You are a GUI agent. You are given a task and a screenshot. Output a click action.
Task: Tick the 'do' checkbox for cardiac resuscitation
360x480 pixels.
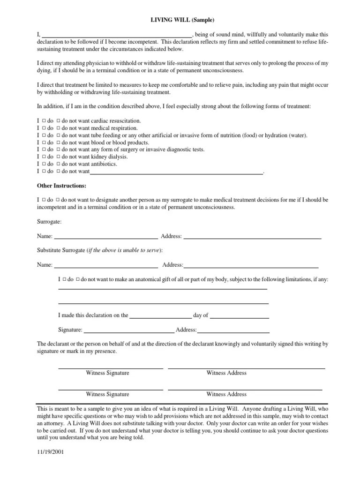pos(44,121)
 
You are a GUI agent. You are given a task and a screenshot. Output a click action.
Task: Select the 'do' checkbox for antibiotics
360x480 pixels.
pos(44,164)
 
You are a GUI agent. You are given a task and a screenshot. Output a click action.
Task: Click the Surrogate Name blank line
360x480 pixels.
pos(106,237)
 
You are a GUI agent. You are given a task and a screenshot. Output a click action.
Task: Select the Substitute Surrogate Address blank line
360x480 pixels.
pos(251,265)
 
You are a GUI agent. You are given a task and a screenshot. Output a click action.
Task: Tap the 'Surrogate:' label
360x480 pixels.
pos(49,221)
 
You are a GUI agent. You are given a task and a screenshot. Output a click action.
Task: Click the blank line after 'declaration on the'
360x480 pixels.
pos(160,316)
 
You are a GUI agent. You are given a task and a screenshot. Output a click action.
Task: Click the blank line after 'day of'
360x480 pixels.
pos(240,316)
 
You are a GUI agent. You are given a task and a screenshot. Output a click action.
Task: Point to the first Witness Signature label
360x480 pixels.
pos(107,373)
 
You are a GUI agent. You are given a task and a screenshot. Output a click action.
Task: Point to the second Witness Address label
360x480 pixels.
pos(226,395)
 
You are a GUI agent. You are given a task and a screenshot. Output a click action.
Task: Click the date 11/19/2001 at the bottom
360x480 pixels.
pos(51,453)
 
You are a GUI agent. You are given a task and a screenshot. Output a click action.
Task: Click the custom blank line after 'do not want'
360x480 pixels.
pos(176,172)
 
